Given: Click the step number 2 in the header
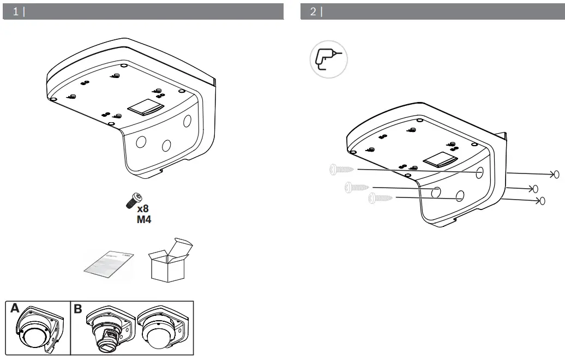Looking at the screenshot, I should [312, 11].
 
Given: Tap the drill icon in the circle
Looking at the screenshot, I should [328, 58].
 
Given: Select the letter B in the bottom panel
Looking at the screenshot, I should [78, 309].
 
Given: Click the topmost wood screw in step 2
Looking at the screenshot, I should [341, 170].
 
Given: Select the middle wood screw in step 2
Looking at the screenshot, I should [357, 188].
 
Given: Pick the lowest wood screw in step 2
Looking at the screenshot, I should [380, 198].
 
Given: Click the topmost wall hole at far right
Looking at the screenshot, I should [556, 175].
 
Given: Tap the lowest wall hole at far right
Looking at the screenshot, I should [541, 202].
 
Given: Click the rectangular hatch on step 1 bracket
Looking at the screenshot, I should [145, 107].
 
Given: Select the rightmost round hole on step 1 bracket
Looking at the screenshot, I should [187, 121].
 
